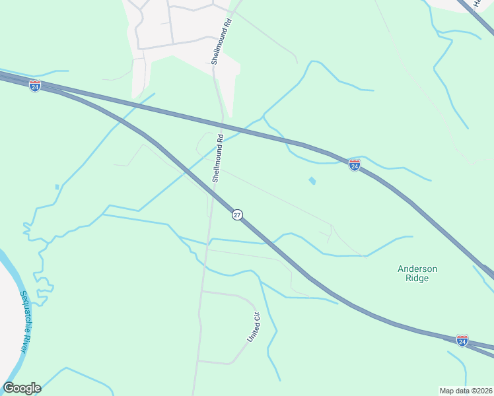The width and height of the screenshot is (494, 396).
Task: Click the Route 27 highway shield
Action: (x=237, y=214)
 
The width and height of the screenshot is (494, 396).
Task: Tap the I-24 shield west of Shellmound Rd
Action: (x=35, y=86)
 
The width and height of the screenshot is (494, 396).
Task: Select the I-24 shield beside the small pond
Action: (x=355, y=166)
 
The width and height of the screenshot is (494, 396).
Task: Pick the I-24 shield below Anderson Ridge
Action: (x=462, y=340)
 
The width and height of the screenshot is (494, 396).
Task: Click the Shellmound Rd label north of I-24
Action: (x=222, y=41)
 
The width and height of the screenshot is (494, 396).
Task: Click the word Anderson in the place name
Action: (x=417, y=269)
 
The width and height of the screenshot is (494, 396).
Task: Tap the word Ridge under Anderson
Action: (x=417, y=279)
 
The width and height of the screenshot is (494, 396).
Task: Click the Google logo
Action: (x=22, y=388)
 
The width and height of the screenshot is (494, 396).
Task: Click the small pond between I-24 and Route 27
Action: (x=312, y=180)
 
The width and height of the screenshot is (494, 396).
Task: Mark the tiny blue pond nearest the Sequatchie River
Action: (x=57, y=187)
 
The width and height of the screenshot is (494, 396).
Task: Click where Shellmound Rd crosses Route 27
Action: (x=213, y=189)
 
